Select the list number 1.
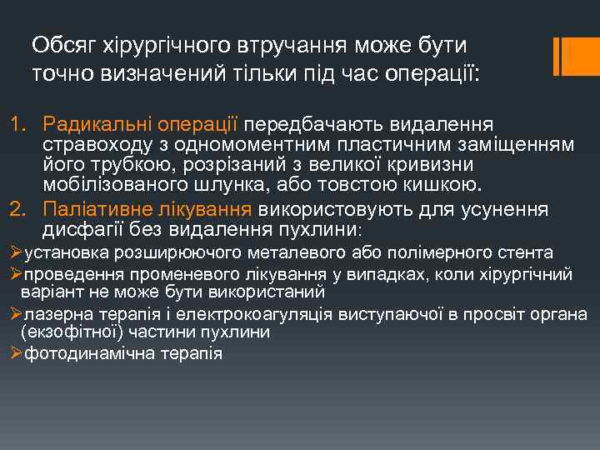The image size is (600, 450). click(x=17, y=124)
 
